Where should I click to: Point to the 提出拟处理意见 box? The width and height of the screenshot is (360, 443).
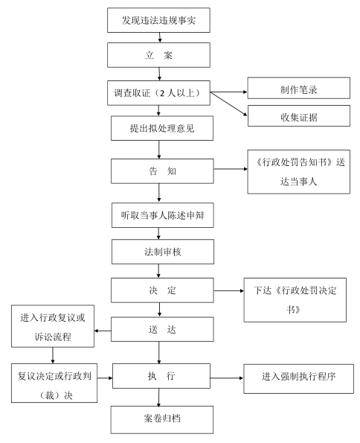(x=162, y=128)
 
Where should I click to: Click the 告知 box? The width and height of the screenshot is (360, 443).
(x=162, y=170)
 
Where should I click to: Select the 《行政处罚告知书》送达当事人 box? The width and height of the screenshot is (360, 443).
(x=297, y=172)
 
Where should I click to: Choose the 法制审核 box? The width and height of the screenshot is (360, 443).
(x=162, y=252)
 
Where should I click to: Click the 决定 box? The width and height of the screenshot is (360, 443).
(x=162, y=290)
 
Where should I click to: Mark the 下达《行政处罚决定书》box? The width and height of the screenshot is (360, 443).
(x=297, y=300)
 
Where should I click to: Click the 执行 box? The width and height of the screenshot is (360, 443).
(x=162, y=377)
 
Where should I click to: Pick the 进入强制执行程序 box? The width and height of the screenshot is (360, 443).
(x=297, y=378)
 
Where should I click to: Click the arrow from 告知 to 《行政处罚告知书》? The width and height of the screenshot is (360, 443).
(x=231, y=170)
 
